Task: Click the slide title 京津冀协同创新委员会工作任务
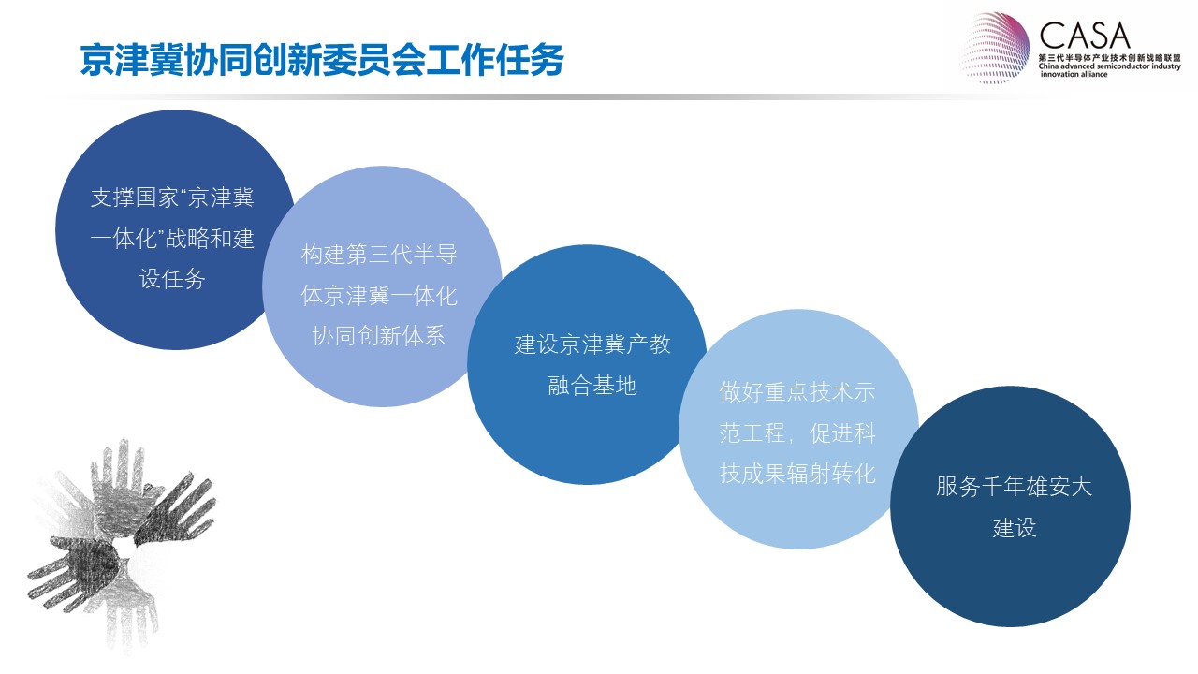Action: pyautogui.click(x=322, y=59)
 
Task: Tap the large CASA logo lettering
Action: pyautogui.click(x=1085, y=36)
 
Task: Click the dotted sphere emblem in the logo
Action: pyautogui.click(x=995, y=48)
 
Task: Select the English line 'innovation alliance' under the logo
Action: pyautogui.click(x=1074, y=74)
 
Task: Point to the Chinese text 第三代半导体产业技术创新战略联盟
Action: pyautogui.click(x=1110, y=57)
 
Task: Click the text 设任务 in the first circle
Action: pyautogui.click(x=172, y=279)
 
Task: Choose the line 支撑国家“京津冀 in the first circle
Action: pyautogui.click(x=172, y=198)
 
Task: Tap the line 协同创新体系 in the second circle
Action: pyautogui.click(x=379, y=336)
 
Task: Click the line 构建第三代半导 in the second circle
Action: pyautogui.click(x=379, y=254)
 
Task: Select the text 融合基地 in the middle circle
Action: pyautogui.click(x=592, y=385)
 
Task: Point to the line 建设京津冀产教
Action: pyautogui.click(x=592, y=344)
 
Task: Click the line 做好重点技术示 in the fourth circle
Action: pyautogui.click(x=797, y=392)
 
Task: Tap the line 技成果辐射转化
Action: pyautogui.click(x=797, y=474)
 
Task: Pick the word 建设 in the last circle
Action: pyautogui.click(x=1015, y=527)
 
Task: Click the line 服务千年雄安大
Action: pyautogui.click(x=1014, y=487)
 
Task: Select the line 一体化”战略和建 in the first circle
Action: pyautogui.click(x=172, y=238)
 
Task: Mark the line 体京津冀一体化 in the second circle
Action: pyautogui.click(x=379, y=295)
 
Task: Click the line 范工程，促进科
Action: pyautogui.click(x=797, y=433)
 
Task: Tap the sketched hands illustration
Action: pyautogui.click(x=121, y=546)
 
